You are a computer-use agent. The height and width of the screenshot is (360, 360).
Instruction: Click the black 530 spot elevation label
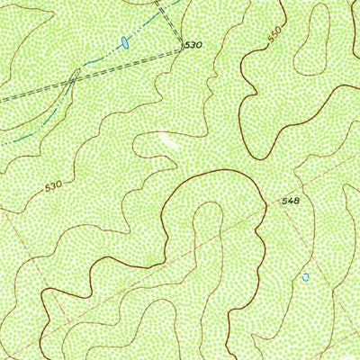[193, 44]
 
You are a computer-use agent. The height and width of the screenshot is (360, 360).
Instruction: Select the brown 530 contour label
[54, 186]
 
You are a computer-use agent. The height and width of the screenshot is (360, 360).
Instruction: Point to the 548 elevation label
[288, 201]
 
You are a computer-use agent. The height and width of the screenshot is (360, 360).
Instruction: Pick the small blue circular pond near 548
[305, 277]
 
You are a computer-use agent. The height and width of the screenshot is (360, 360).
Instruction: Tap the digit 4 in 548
[288, 201]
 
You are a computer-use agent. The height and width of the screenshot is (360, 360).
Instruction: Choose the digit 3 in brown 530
[54, 186]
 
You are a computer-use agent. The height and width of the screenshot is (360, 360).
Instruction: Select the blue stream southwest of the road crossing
[36, 126]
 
